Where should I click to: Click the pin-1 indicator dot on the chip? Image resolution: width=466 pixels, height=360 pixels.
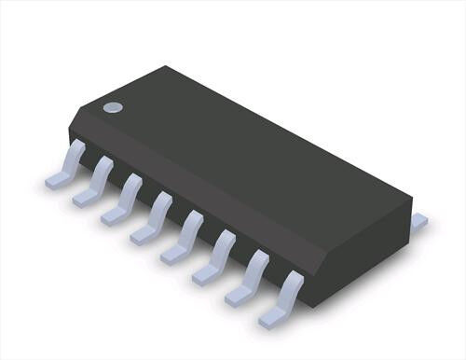click(x=113, y=107)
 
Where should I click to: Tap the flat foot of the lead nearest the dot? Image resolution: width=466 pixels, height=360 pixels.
click(x=59, y=179)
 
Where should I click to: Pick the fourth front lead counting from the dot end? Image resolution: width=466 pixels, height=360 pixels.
click(x=151, y=218)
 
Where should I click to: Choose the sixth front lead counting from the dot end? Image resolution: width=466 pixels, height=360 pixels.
click(x=213, y=258)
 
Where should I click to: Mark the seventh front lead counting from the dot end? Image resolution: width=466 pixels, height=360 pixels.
click(x=246, y=279)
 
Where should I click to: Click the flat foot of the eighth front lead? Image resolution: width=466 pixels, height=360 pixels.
click(x=273, y=318)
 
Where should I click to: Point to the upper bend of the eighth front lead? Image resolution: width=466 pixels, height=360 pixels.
click(x=294, y=279)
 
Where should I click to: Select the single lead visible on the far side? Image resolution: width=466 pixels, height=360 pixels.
click(x=418, y=221)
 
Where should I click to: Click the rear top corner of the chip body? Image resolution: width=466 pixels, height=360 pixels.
click(x=168, y=66)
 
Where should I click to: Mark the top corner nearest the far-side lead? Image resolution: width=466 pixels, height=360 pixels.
click(x=410, y=197)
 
